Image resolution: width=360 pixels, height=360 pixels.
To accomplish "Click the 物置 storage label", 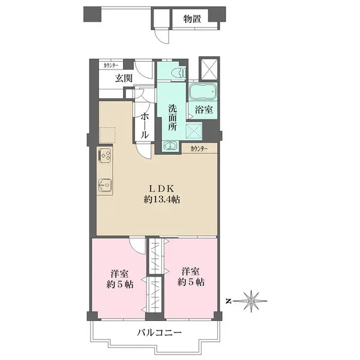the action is (192, 19).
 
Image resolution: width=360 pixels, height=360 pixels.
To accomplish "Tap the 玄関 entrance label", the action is (124, 79).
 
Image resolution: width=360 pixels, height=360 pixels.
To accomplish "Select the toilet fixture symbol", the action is (179, 73).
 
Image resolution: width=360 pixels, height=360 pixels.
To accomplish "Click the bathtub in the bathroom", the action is (203, 91).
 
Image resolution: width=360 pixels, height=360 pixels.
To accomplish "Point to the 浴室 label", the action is (203, 110).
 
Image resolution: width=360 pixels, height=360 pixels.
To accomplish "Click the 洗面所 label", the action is (172, 118).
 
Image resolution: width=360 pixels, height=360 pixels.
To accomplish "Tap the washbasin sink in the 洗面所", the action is (170, 146).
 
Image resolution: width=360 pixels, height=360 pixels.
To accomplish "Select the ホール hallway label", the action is (144, 126).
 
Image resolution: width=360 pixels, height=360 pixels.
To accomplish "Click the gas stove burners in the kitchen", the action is (105, 155).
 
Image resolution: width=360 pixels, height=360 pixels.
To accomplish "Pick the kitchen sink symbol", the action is (105, 185).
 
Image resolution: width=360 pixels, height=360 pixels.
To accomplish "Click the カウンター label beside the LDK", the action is (199, 149).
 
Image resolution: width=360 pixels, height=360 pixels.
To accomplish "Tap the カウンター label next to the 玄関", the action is (111, 65).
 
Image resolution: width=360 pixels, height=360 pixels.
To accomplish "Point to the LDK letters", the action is (162, 189).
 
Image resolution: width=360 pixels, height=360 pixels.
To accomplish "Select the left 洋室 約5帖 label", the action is (119, 279).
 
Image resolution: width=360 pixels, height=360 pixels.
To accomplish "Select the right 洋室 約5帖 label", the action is (191, 277).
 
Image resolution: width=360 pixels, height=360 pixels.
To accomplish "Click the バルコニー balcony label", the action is (160, 332).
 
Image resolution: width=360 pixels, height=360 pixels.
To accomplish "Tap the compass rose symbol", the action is (250, 301).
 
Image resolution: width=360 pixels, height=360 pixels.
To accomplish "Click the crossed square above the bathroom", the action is (209, 68).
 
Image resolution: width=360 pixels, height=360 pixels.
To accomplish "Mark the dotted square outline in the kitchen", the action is (107, 135).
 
